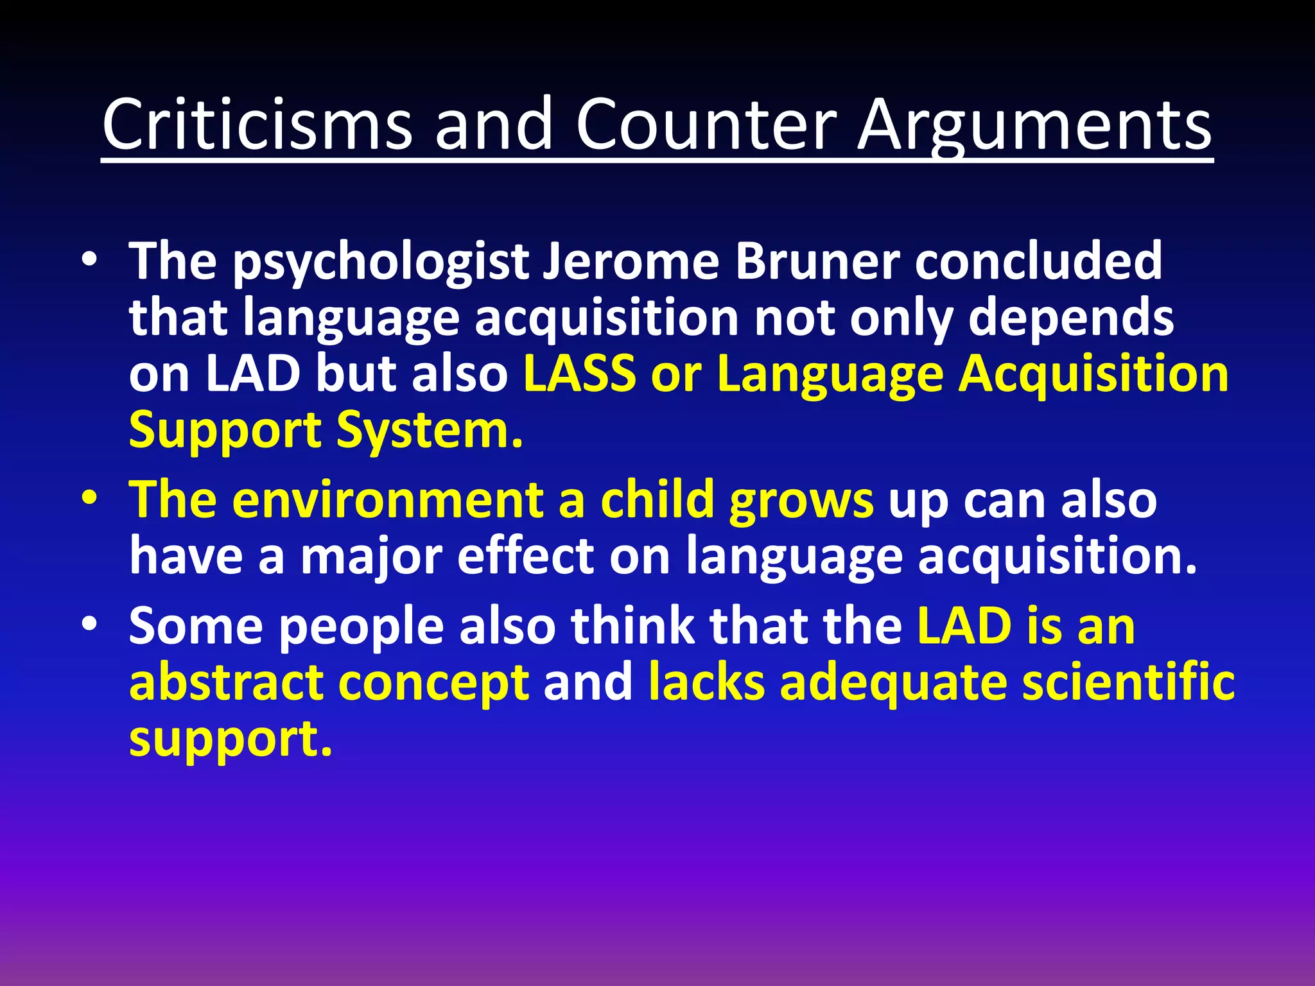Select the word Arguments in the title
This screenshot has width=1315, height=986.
click(1035, 126)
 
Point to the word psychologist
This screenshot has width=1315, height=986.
click(380, 263)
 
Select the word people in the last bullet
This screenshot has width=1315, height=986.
click(361, 628)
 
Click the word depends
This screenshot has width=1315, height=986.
click(1070, 318)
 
